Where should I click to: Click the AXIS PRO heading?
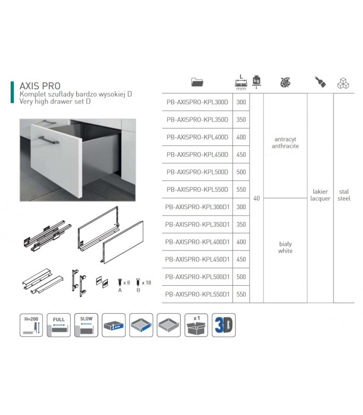[x=40, y=85]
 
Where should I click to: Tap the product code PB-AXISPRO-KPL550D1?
[x=197, y=294]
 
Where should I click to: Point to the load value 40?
[x=257, y=198]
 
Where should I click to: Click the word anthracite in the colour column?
[x=285, y=146]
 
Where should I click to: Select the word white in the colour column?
[x=285, y=251]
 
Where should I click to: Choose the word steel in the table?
[x=344, y=199]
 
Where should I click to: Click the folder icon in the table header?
[x=198, y=82]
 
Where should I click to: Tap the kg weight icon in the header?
[x=256, y=81]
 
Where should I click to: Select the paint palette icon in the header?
[x=285, y=82]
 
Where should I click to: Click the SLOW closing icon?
[x=86, y=325]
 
